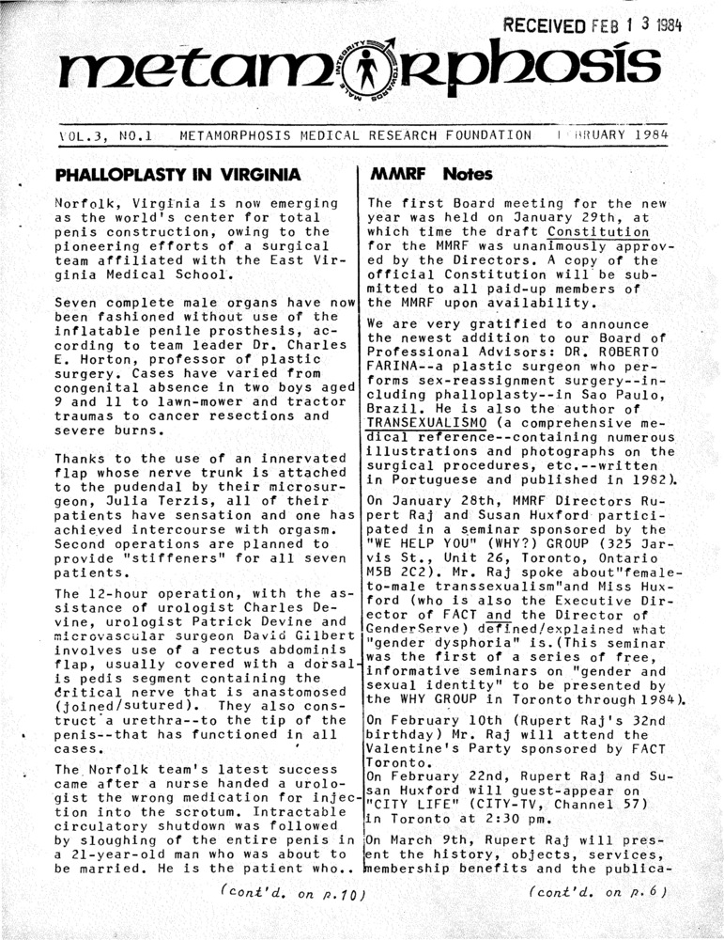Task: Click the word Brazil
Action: (x=392, y=405)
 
